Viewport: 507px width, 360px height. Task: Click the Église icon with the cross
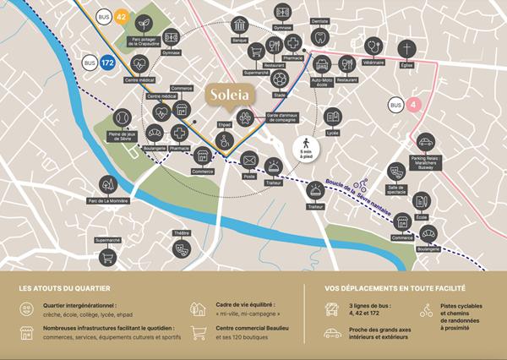[x=408, y=48]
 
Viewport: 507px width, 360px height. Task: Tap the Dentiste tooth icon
[x=319, y=37]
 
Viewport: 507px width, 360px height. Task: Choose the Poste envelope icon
[x=248, y=160]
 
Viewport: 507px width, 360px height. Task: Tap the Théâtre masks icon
[x=180, y=248]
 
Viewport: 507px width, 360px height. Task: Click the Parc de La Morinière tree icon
[x=107, y=183]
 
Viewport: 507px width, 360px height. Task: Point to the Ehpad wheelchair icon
[x=225, y=143]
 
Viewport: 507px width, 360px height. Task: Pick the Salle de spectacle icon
[x=395, y=172]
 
